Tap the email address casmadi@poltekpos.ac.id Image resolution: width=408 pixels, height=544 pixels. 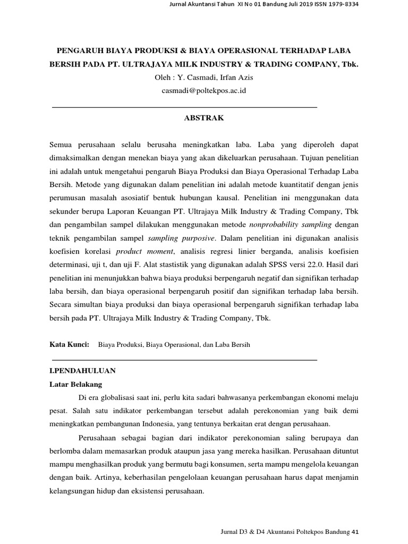(x=204, y=90)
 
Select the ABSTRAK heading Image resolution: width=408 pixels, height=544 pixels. (x=204, y=118)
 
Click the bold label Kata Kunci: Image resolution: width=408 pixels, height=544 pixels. (x=69, y=345)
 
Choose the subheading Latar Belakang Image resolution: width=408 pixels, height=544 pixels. (x=75, y=384)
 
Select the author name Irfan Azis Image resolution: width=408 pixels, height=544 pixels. (x=234, y=78)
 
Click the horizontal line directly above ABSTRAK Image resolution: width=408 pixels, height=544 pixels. (x=184, y=107)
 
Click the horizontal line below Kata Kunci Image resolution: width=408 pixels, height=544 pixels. (x=184, y=360)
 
